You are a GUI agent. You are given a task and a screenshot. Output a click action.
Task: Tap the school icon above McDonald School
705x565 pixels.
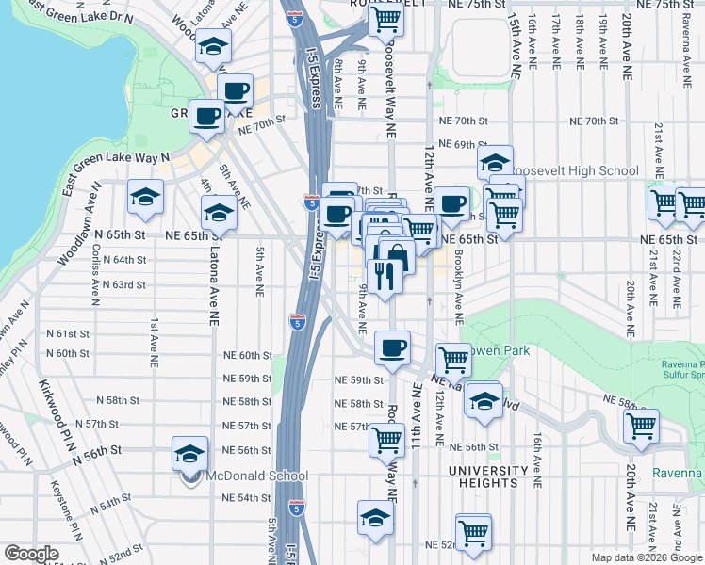189,453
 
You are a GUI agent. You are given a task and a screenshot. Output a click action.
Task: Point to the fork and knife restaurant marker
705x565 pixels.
385,275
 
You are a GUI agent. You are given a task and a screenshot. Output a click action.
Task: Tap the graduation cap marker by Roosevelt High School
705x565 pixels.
495,162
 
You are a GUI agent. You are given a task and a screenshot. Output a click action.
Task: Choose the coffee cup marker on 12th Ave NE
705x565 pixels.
451,202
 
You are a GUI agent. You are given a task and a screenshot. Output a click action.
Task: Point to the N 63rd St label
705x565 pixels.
123,284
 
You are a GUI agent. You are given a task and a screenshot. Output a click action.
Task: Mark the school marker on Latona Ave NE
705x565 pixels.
219,212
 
